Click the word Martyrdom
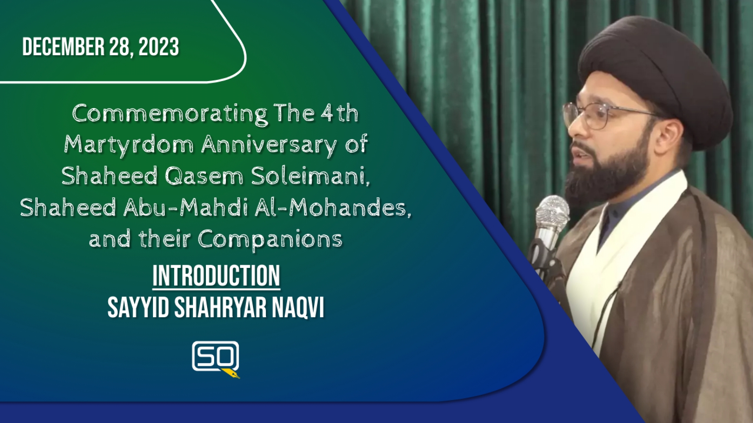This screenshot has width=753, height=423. tap(129, 146)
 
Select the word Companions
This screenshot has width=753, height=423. tap(270, 240)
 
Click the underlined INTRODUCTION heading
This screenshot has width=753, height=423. tap(216, 277)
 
